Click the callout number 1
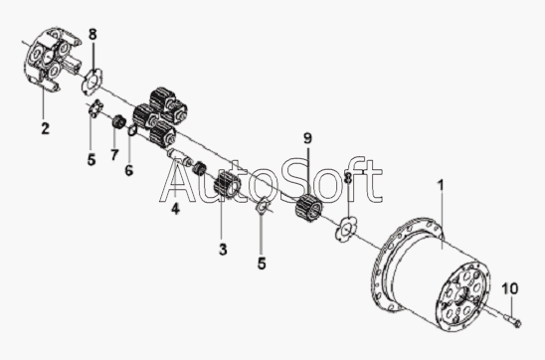click(x=441, y=185)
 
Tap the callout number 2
click(x=45, y=128)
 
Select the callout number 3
click(x=223, y=250)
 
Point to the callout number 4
click(x=175, y=209)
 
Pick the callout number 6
click(x=129, y=170)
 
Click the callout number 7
click(x=114, y=154)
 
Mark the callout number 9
click(x=308, y=138)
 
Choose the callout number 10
click(x=510, y=288)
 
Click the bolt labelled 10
click(x=512, y=320)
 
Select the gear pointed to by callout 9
click(x=308, y=209)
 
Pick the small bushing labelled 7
click(x=119, y=121)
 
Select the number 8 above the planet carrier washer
click(x=92, y=35)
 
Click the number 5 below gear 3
click(x=262, y=264)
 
